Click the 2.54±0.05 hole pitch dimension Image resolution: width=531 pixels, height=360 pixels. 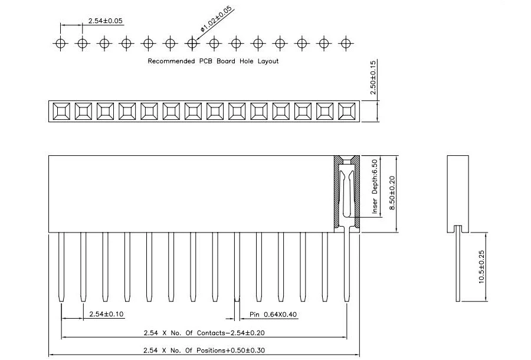tap(106, 21)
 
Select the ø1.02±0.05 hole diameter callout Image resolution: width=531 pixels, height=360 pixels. tap(217, 18)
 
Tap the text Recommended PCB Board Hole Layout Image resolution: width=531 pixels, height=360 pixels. tap(213, 61)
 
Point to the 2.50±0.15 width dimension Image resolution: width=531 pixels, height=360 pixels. tap(373, 77)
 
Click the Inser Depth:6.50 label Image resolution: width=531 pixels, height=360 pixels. tap(375, 186)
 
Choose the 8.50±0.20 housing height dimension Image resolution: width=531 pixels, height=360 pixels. tap(392, 193)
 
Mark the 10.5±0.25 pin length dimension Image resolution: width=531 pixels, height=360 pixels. tap(481, 267)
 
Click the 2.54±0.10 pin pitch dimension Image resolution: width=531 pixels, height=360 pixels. tap(106, 315)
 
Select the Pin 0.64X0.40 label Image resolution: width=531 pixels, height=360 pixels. tap(273, 315)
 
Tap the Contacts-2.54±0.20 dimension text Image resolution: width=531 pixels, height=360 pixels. tap(231, 333)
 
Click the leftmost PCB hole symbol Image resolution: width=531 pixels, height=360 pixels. tap(61, 44)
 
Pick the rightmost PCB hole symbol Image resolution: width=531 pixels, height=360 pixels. tap(346, 44)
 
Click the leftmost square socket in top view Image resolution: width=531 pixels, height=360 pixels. tap(61, 112)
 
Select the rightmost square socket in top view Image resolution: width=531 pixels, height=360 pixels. tap(347, 112)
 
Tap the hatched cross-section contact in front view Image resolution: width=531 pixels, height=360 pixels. tap(347, 194)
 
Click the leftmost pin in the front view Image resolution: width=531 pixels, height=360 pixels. tap(61, 267)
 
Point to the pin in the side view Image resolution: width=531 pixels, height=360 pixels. tap(458, 263)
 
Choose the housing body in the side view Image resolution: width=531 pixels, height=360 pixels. tap(458, 194)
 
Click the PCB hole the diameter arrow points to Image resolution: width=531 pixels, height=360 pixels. tap(192, 44)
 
